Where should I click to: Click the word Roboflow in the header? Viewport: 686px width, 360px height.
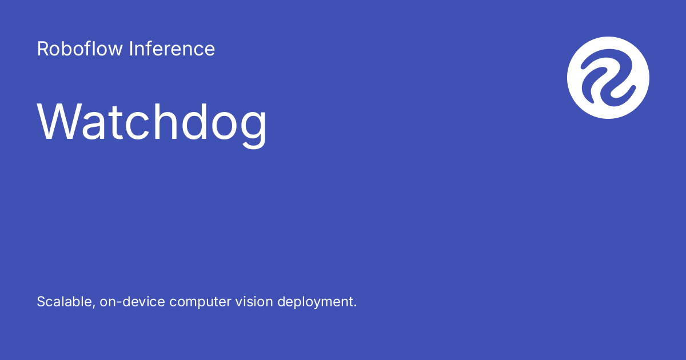80,49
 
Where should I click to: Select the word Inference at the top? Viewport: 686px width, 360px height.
172,49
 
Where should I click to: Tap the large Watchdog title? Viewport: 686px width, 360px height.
152,122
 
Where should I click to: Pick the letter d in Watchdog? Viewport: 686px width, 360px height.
190,122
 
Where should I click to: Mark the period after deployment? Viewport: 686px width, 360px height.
355,306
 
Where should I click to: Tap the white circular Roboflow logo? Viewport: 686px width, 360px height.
608,78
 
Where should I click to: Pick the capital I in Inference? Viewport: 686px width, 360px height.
131,49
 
